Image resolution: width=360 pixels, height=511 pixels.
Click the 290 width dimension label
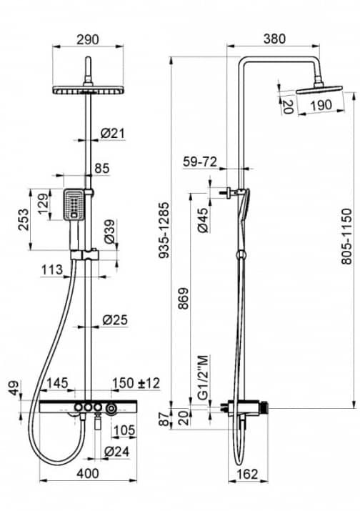[88, 39]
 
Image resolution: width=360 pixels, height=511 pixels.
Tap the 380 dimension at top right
[274, 39]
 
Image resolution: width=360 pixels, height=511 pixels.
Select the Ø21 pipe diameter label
[112, 133]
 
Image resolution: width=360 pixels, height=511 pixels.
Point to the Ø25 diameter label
[115, 319]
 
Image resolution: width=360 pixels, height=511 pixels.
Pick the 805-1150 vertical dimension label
[346, 237]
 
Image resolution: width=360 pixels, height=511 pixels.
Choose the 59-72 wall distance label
[200, 162]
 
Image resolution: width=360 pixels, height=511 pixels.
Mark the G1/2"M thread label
[203, 377]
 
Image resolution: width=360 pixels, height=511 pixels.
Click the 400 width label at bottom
[88, 473]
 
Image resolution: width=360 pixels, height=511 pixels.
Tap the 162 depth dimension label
[247, 474]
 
